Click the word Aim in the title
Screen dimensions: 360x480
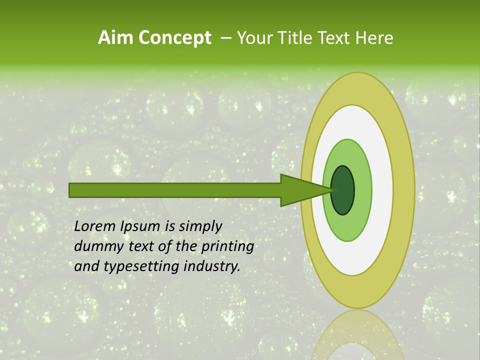click(116, 38)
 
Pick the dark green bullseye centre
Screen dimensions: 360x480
click(343, 190)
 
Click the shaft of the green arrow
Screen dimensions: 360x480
click(175, 190)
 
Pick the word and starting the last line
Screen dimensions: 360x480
click(86, 267)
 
